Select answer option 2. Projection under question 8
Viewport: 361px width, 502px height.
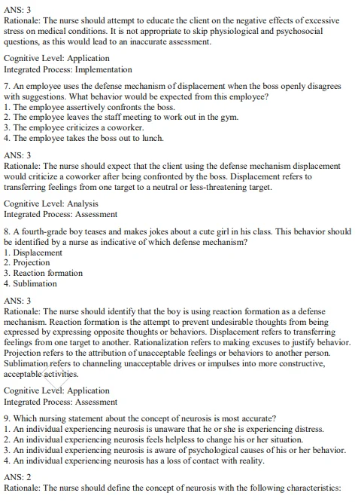[x=26, y=263]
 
